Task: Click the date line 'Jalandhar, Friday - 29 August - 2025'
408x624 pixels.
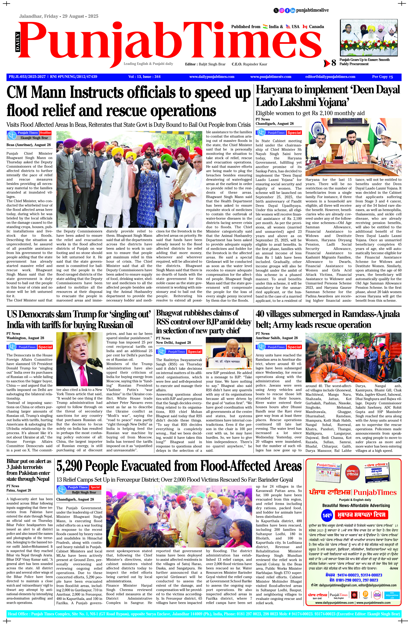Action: pos(59,16)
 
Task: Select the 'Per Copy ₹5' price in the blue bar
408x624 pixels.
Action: pos(382,77)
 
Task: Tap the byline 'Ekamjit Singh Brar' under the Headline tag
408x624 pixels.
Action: pos(34,138)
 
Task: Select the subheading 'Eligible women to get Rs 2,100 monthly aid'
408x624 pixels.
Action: pos(310,113)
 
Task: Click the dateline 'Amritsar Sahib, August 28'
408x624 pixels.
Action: pos(277,338)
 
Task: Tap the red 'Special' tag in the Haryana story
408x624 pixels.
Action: pos(294,133)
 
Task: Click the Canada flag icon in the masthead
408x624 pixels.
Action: pos(305,27)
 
